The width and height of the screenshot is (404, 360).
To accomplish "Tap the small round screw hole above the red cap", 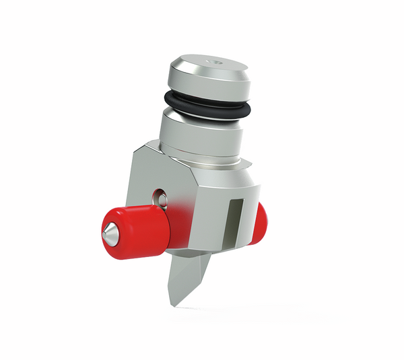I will [x=159, y=197].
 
